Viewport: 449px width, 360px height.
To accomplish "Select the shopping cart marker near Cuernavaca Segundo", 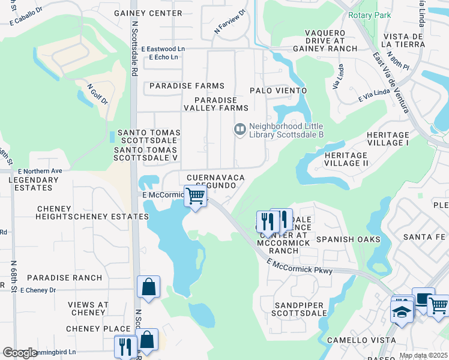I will tap(195, 196).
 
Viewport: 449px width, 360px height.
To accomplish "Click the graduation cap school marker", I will tap(401, 311).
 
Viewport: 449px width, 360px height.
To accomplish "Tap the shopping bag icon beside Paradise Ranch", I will tap(148, 287).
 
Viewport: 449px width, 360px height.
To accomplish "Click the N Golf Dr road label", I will tap(97, 94).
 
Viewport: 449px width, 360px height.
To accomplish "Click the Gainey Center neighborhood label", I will tap(158, 13).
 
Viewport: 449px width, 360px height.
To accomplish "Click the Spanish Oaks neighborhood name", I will tap(348, 239).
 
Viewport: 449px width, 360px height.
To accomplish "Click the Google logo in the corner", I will tap(20, 352).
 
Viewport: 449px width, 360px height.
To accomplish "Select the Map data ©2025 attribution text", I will tap(423, 355).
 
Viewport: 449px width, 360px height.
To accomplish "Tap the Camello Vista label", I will tap(361, 340).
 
